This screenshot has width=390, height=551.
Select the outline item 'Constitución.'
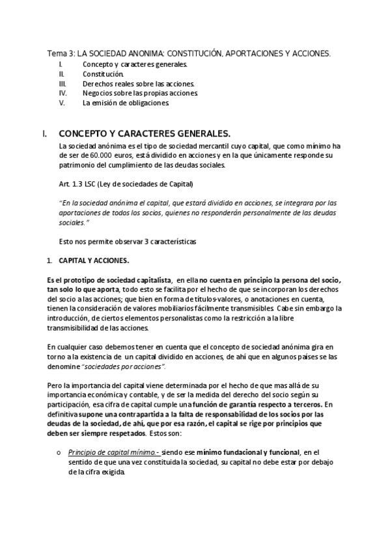103,74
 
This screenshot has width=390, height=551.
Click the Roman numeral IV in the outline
62,93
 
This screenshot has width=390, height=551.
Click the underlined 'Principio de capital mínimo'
110,452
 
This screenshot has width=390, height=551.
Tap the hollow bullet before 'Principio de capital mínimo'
59,452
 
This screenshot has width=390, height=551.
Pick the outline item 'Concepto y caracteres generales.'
135,65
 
